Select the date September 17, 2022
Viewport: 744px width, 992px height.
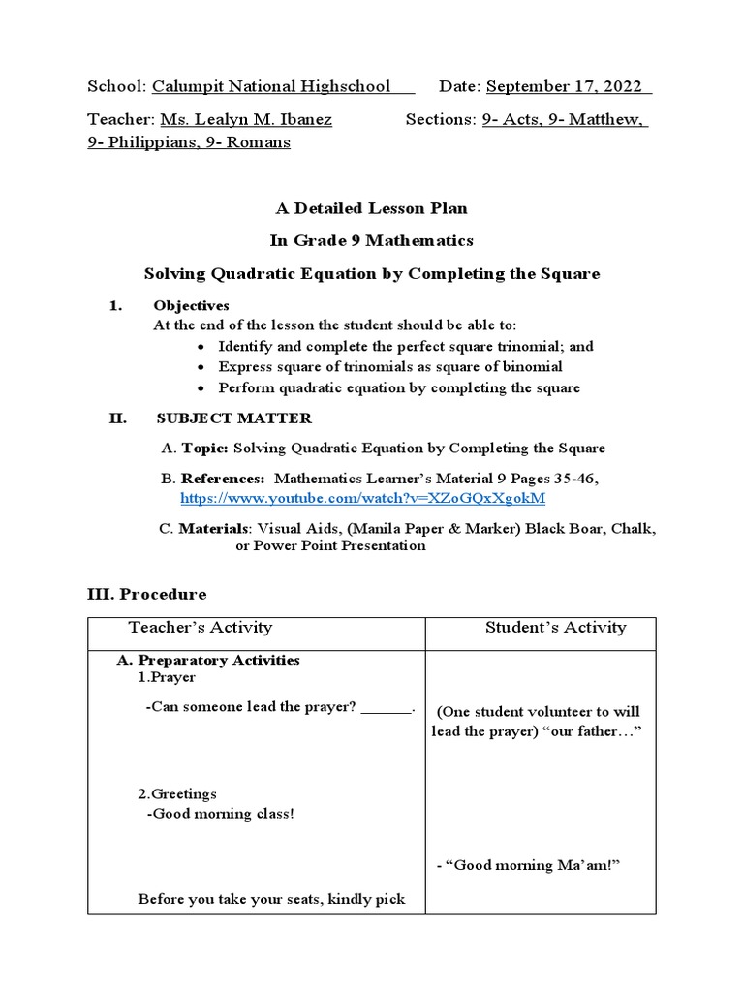pyautogui.click(x=568, y=86)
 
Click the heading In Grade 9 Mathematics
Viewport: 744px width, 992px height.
pyautogui.click(x=372, y=240)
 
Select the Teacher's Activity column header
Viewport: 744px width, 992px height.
pyautogui.click(x=201, y=628)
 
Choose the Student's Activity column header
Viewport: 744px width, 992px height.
pyautogui.click(x=555, y=628)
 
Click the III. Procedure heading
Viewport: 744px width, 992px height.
pyautogui.click(x=147, y=594)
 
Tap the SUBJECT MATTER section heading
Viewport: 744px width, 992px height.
pyautogui.click(x=233, y=418)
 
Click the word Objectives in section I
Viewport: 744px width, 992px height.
pyautogui.click(x=192, y=305)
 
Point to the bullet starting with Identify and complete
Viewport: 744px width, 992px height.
pyautogui.click(x=406, y=346)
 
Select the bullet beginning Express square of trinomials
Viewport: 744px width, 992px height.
pyautogui.click(x=389, y=367)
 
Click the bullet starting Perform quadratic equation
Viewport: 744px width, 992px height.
pyautogui.click(x=399, y=388)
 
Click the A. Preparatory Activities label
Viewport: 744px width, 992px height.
pyautogui.click(x=208, y=660)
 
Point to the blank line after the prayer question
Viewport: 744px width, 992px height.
pyautogui.click(x=387, y=707)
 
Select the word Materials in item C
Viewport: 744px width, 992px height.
pyautogui.click(x=213, y=529)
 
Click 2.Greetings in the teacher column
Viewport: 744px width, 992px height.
pyautogui.click(x=177, y=793)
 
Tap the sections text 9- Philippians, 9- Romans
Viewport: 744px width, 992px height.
pyautogui.click(x=189, y=142)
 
